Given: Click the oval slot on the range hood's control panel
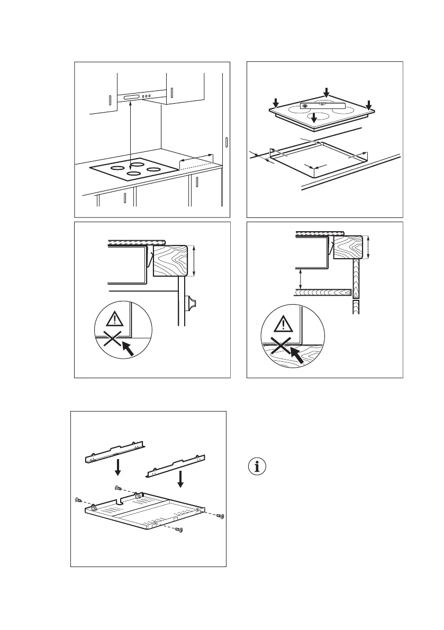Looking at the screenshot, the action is pyautogui.click(x=131, y=97).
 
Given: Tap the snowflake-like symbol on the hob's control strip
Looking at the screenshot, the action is pyautogui.click(x=304, y=106).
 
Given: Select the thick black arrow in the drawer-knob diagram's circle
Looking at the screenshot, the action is pyautogui.click(x=127, y=348).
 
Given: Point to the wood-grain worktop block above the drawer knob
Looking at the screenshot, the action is pyautogui.click(x=171, y=260).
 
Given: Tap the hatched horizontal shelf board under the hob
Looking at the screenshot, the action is pyautogui.click(x=323, y=291).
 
